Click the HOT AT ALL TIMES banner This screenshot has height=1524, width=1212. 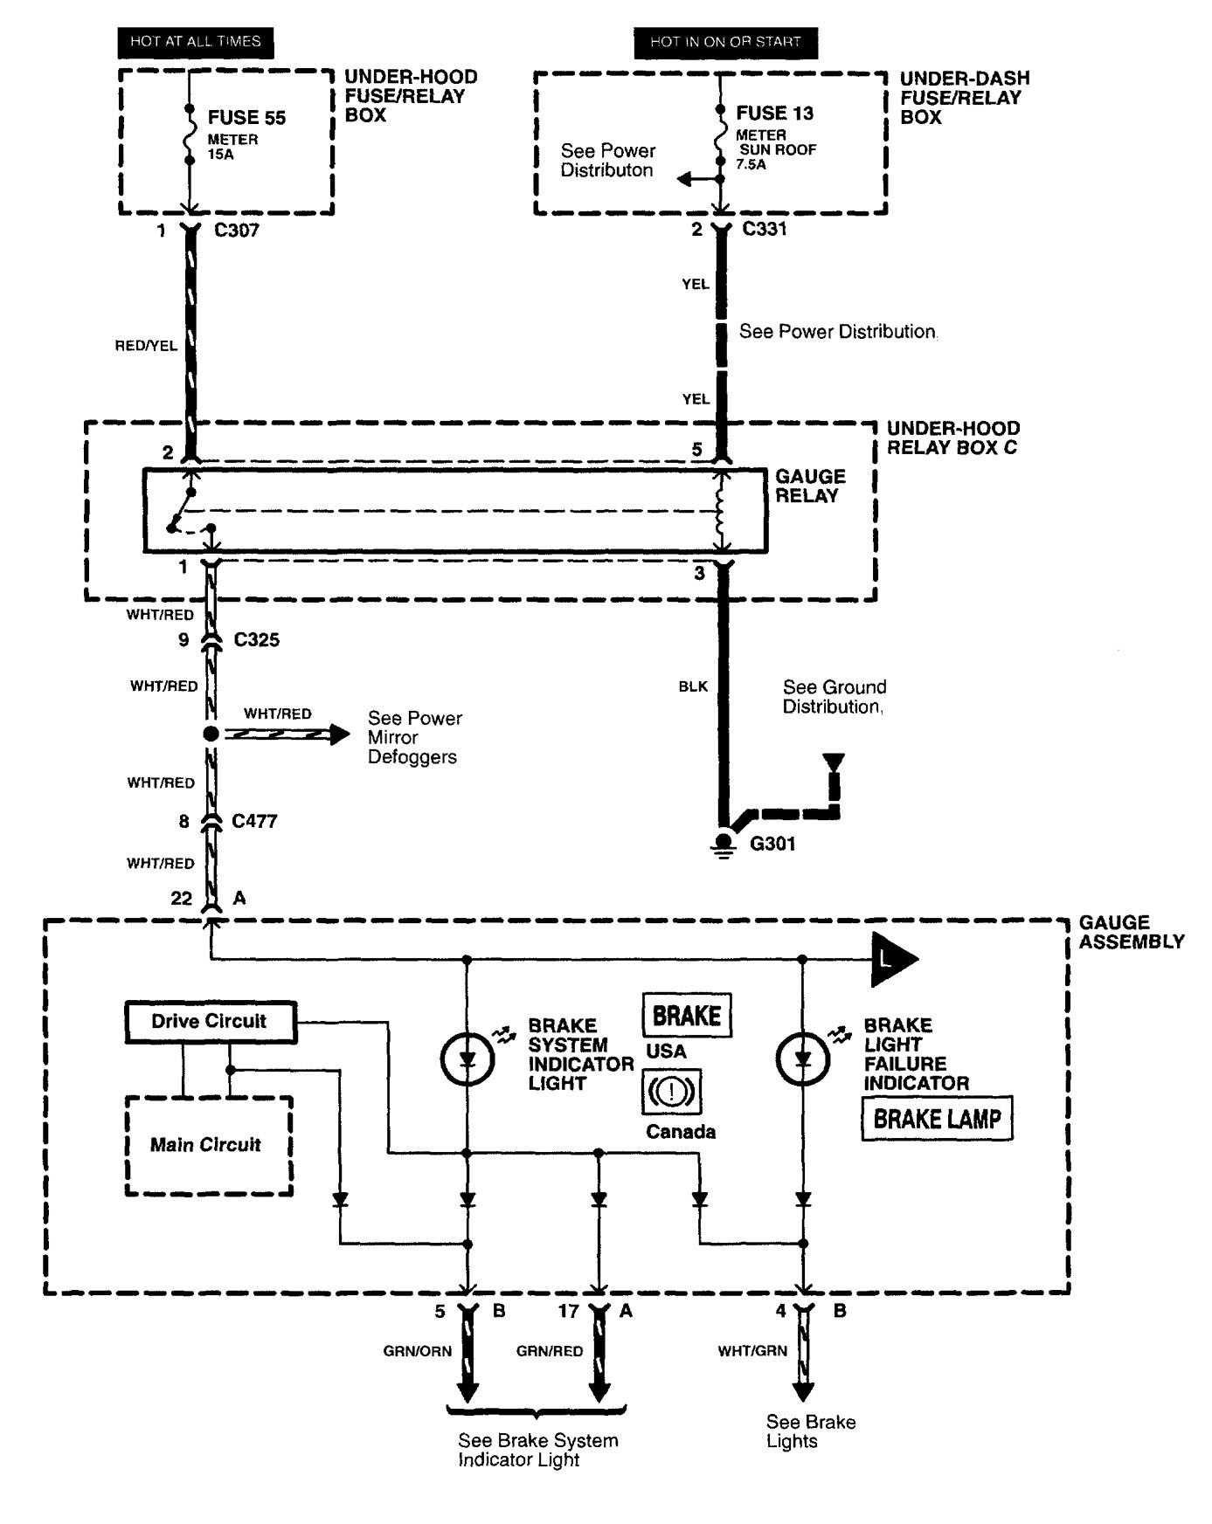coord(195,41)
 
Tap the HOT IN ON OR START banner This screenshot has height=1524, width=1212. coord(725,41)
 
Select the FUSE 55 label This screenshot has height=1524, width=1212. coord(246,118)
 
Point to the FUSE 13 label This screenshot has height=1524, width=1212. coord(774,113)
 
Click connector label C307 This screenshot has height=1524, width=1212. coord(236,231)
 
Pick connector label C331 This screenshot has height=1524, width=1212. coord(765,229)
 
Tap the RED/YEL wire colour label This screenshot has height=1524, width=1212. coord(146,346)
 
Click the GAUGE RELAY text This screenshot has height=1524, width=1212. coord(810,486)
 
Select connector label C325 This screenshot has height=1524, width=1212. coord(256,640)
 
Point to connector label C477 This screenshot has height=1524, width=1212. coord(254,821)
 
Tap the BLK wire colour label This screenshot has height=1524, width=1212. coord(693,686)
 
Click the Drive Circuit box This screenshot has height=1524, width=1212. coord(210,1022)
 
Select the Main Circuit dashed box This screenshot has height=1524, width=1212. coord(208,1145)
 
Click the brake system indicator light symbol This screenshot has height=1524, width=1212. coord(467,1059)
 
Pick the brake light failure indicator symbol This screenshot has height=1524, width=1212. coord(803,1059)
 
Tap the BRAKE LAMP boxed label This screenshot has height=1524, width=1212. coord(937,1119)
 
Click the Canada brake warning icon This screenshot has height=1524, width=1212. coord(671,1092)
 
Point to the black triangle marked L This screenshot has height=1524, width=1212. coord(891,959)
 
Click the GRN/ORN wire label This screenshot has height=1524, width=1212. coord(417,1351)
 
